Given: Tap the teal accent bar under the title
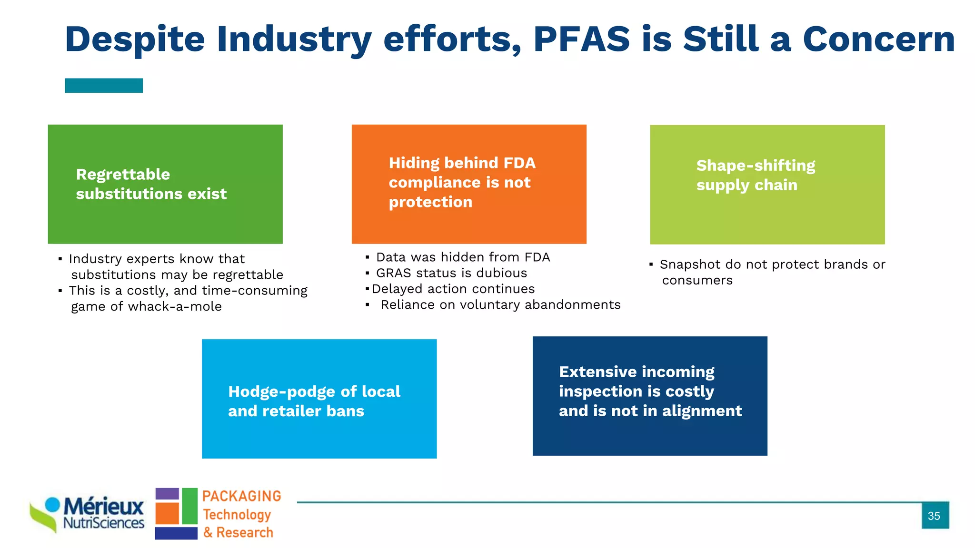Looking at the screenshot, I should tap(104, 86).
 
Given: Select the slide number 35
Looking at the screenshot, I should tap(934, 516).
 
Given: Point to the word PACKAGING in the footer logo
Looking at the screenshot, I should tap(241, 496).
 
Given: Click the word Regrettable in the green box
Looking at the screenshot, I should tap(123, 175).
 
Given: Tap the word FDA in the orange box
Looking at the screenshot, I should tap(519, 163).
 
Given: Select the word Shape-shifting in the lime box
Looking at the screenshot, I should tap(756, 166).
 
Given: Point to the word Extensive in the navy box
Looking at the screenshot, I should tap(597, 372).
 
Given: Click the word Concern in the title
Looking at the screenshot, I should tap(879, 39).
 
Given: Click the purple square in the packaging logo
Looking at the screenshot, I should tap(167, 493).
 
